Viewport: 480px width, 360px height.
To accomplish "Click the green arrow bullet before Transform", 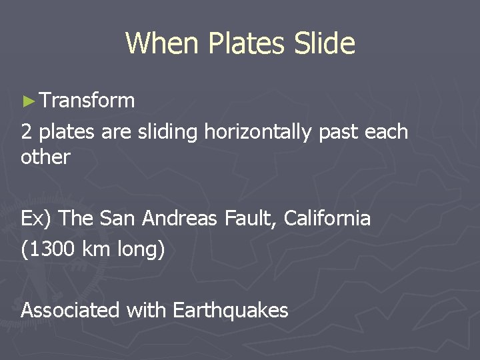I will tap(27, 101).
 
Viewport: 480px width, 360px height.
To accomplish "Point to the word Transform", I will tap(87, 101).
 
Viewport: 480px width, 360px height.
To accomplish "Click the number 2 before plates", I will tap(27, 132).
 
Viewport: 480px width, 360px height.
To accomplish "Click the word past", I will tap(339, 132).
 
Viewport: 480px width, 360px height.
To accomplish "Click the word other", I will tap(45, 157).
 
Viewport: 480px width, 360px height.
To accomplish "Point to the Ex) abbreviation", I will tap(35, 218).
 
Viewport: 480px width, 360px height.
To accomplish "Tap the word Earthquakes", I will tap(230, 310).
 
